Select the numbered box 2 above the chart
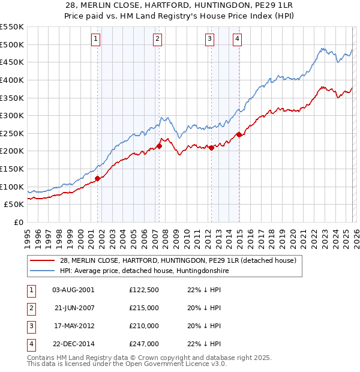click(157, 40)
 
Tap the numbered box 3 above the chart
click(209, 40)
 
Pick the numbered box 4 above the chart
click(238, 40)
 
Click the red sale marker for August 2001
click(97, 178)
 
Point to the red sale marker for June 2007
click(160, 145)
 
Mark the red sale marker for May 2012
click(211, 148)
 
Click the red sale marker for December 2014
click(239, 134)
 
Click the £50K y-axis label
click(14, 205)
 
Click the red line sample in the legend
click(43, 261)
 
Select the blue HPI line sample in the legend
click(43, 271)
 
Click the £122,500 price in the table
click(144, 290)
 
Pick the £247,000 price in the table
click(144, 344)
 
